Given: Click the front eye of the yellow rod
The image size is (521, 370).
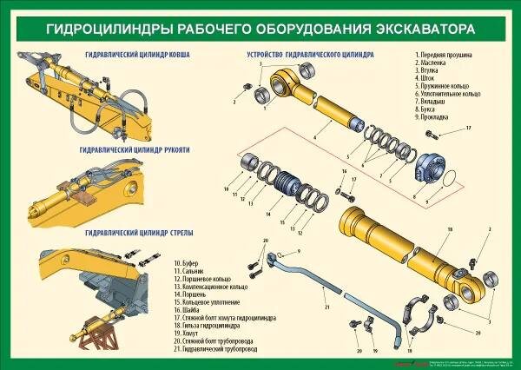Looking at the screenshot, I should (x=283, y=84).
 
